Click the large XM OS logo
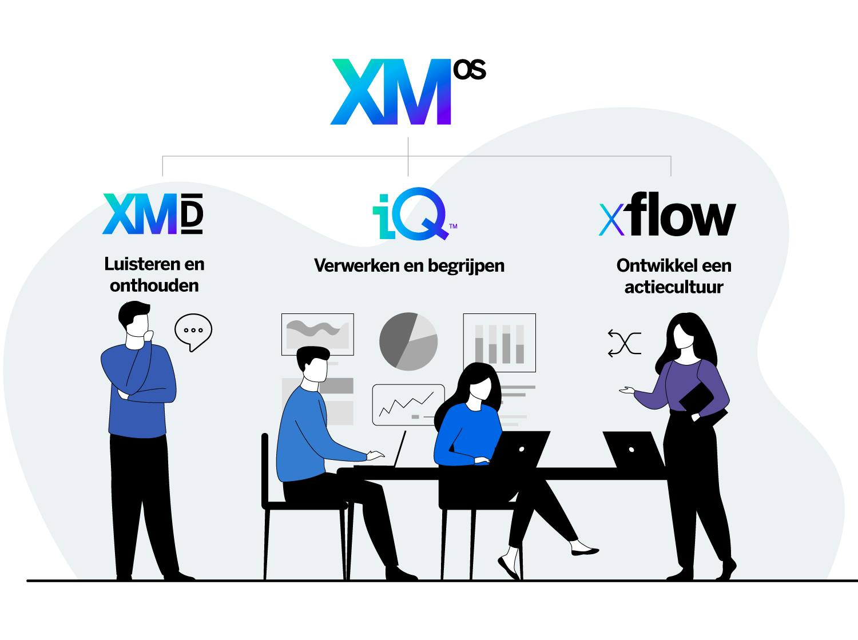click(408, 92)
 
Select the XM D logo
click(153, 214)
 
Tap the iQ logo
click(414, 214)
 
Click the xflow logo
click(668, 214)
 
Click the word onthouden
click(154, 285)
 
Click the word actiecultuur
click(674, 287)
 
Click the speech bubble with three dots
click(193, 332)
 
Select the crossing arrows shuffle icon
click(625, 343)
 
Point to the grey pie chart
click(408, 341)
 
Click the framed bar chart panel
click(499, 343)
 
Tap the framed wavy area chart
click(317, 335)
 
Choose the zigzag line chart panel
click(408, 405)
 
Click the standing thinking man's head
click(135, 325)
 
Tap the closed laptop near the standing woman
click(634, 450)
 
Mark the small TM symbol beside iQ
click(453, 226)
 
